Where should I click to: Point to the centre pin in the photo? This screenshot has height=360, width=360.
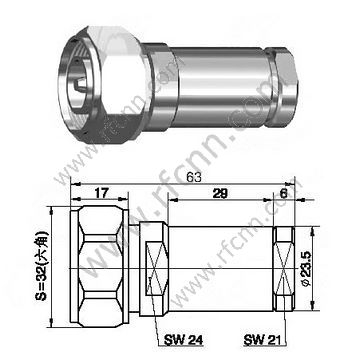pos(73,60)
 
